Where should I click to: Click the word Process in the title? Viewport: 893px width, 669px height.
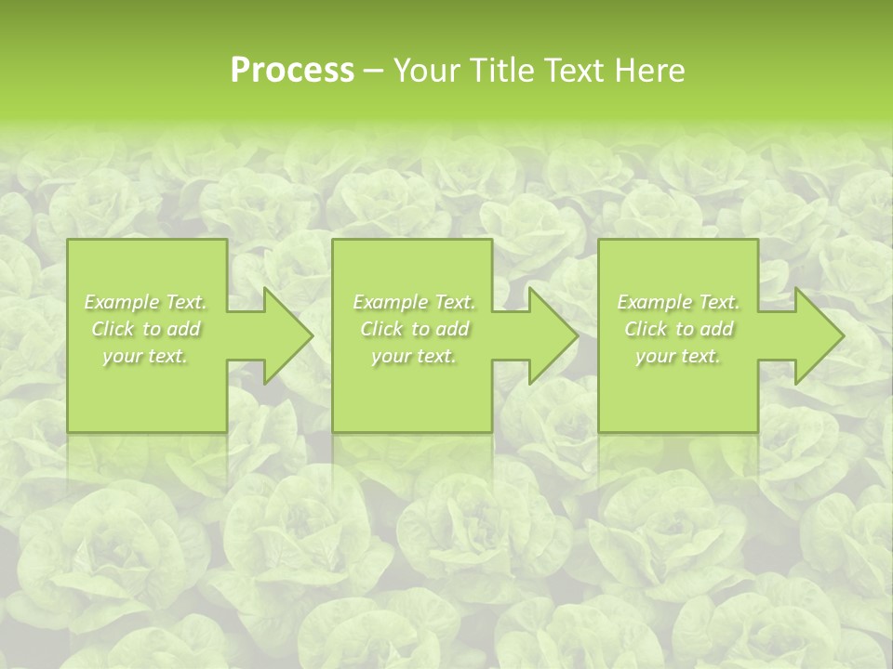pos(292,71)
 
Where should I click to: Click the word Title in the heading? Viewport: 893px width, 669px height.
pos(501,71)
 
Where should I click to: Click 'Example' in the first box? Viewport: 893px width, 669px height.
pos(121,302)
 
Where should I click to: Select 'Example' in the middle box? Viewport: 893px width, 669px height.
pos(389,302)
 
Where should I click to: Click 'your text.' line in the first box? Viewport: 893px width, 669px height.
pos(146,357)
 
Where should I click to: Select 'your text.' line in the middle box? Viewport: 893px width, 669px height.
pos(414,357)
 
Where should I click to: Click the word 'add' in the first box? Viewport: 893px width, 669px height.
pos(183,329)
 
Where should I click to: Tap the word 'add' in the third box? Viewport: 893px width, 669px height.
pos(717,329)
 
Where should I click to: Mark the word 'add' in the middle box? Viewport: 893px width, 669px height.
pos(452,329)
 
